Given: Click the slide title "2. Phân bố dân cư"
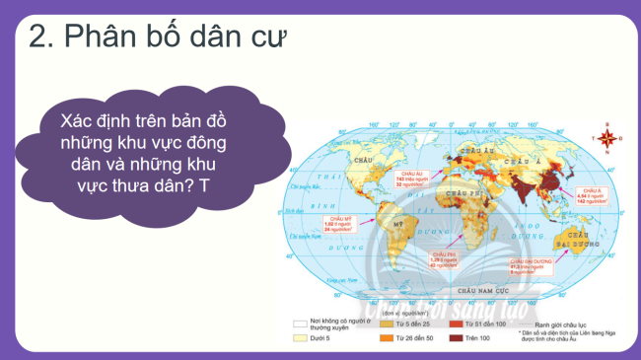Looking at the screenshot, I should tap(158, 38).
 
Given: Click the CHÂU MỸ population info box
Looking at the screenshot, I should tap(331, 221).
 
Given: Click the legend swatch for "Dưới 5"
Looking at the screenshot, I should tap(299, 338).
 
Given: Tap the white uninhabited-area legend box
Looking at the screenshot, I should tap(299, 322).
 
